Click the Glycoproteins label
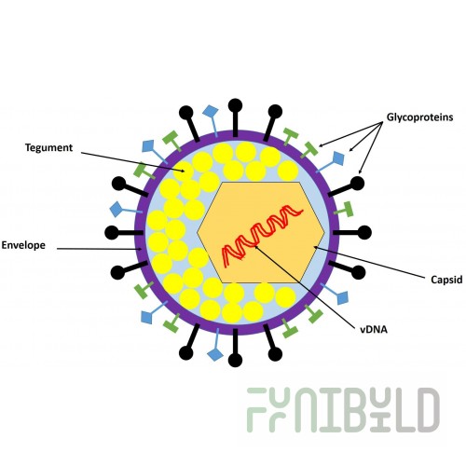[x=419, y=117]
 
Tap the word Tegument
[x=48, y=147]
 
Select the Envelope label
[x=23, y=245]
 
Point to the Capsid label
[x=446, y=280]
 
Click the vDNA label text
[x=374, y=329]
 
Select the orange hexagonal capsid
[x=261, y=232]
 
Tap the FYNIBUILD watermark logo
[x=343, y=410]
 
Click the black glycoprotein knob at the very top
[x=235, y=105]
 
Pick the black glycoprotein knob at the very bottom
[x=235, y=360]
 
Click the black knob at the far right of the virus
[x=364, y=232]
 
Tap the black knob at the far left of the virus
[x=112, y=232]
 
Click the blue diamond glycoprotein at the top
[x=211, y=111]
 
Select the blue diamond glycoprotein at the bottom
[x=215, y=354]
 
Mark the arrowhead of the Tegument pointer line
[x=183, y=171]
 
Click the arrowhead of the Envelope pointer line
[x=140, y=249]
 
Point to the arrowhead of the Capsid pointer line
[x=315, y=248]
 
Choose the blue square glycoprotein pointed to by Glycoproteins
[x=338, y=158]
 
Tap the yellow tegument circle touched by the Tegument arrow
[x=184, y=171]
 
